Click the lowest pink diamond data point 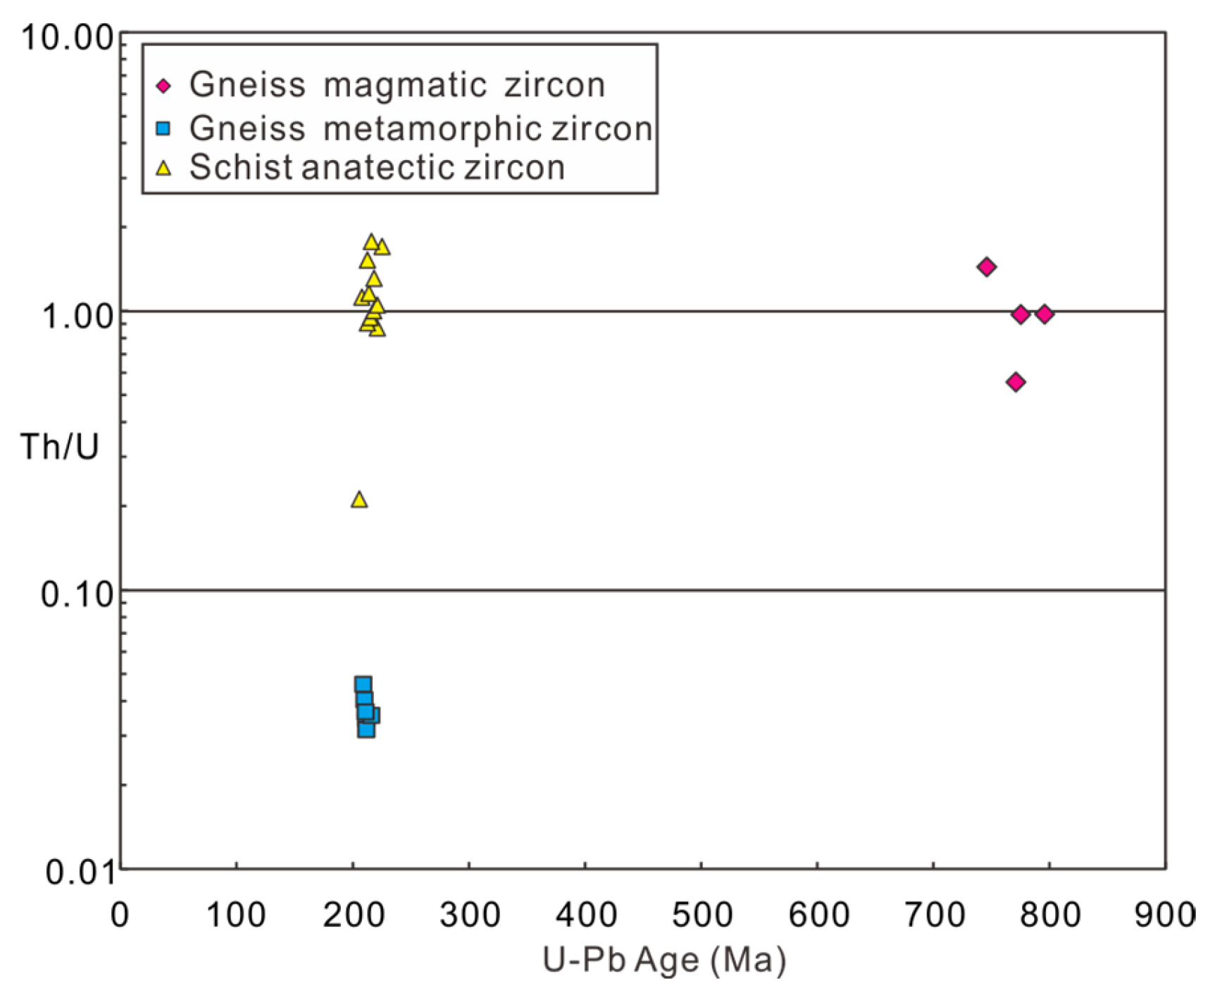coord(1015,382)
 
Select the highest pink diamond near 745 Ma coord(986,266)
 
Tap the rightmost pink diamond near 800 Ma coord(1045,314)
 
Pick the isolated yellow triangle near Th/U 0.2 coord(359,500)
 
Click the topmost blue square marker coord(363,684)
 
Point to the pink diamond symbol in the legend coord(163,86)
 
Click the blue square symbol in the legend coord(163,128)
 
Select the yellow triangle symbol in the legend coord(163,168)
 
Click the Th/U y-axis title coord(59,447)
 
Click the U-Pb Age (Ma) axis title coord(663,960)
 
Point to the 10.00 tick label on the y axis coord(67,37)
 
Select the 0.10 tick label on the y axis coord(77,595)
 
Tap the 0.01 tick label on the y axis coord(80,872)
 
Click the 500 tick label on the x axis coord(702,915)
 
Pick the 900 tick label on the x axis coord(1164,915)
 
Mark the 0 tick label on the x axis coord(120,915)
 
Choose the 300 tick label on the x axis coord(470,915)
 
